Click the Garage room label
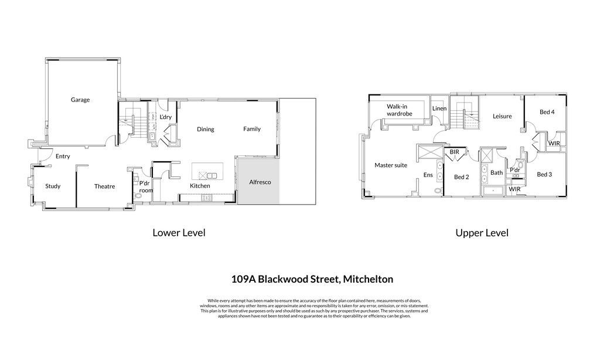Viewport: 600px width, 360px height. (x=80, y=100)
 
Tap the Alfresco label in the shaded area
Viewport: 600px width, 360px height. (x=260, y=182)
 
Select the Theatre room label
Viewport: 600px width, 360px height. (x=104, y=186)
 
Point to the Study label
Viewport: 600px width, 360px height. (x=53, y=186)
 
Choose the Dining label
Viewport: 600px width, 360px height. (x=206, y=129)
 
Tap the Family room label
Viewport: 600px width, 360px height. (x=252, y=129)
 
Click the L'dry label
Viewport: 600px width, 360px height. (x=165, y=117)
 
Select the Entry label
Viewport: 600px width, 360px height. (x=63, y=157)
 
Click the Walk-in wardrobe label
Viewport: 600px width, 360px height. (x=399, y=110)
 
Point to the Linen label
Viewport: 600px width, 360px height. (x=439, y=108)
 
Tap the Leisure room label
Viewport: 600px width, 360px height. (x=502, y=116)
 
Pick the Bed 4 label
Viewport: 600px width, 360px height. (x=547, y=112)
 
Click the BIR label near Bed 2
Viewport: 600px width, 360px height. (x=454, y=152)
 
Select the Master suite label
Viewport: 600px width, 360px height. (x=391, y=165)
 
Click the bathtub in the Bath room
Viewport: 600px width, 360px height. (x=493, y=191)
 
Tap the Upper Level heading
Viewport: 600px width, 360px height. (x=482, y=233)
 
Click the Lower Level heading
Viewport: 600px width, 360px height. (x=179, y=232)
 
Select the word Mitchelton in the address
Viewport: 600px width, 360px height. (x=368, y=279)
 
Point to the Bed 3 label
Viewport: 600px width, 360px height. (x=544, y=174)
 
